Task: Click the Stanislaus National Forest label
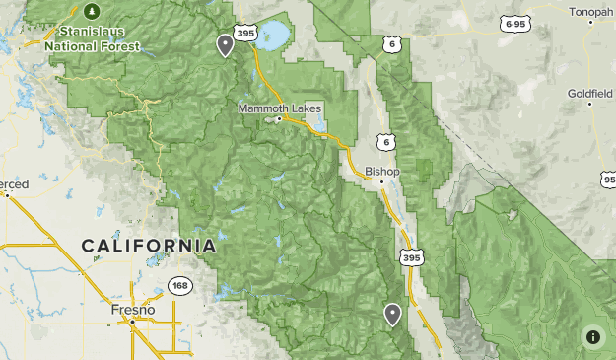coord(96,37)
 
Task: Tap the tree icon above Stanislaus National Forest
coord(92,11)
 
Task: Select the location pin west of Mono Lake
coord(226,44)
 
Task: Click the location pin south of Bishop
coord(393,314)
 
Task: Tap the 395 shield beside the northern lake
coord(246,34)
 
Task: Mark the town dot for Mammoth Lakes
coord(279,119)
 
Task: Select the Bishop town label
coord(382,171)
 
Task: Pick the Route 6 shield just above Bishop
coord(385,143)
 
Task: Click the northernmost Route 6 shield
coord(392,44)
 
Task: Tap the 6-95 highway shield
coord(513,23)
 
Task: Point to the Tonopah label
coord(591,12)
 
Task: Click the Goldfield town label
coord(589,94)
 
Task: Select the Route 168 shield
coord(179,286)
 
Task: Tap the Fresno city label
coord(132,310)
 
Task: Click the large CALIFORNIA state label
coord(149,245)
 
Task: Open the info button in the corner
coord(592,336)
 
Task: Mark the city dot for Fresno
coord(131,320)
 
